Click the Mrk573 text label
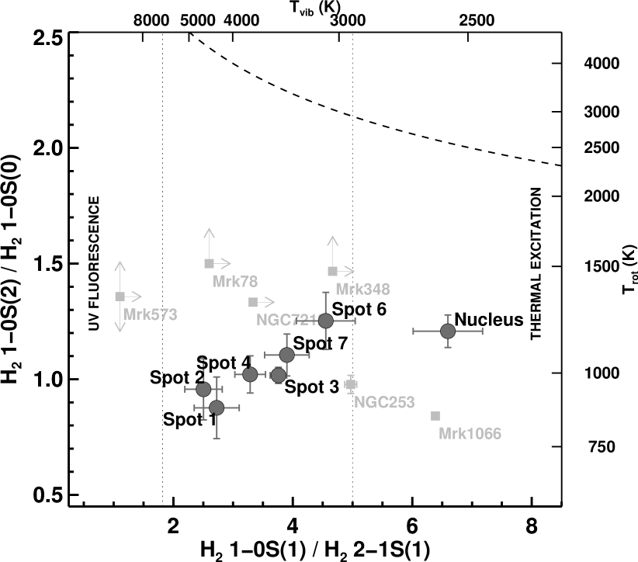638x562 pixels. [x=150, y=315]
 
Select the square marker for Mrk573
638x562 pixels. [x=120, y=297]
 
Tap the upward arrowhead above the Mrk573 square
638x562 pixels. [x=120, y=265]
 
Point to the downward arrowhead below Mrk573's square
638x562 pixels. [x=120, y=329]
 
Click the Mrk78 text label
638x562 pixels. [x=234, y=282]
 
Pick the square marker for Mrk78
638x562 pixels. [x=209, y=264]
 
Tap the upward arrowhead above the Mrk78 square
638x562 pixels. [x=209, y=231]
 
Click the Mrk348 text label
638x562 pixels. [x=362, y=290]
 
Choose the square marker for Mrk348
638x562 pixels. [x=332, y=272]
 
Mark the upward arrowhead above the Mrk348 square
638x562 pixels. [x=332, y=239]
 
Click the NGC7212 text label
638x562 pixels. [x=287, y=320]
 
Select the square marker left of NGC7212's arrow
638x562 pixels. [x=253, y=302]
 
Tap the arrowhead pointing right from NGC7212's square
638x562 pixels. [x=272, y=302]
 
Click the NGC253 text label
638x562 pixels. [x=384, y=403]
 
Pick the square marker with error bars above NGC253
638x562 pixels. [x=351, y=384]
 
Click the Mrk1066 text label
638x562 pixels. [x=470, y=434]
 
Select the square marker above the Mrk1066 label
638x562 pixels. [x=435, y=416]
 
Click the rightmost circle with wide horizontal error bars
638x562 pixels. [x=448, y=331]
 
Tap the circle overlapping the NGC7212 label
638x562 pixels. [x=326, y=321]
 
